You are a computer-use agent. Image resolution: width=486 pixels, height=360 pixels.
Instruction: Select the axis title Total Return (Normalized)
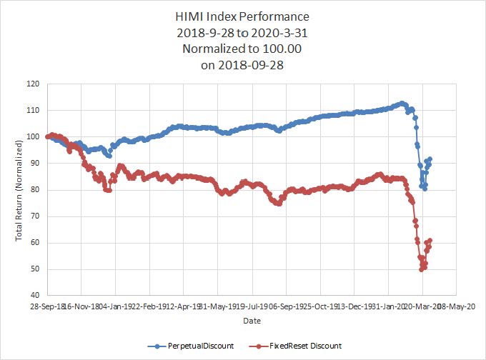[19, 189]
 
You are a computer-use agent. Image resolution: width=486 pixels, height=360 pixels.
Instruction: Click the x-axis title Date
[252, 321]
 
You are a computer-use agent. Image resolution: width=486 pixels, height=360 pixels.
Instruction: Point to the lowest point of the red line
[422, 269]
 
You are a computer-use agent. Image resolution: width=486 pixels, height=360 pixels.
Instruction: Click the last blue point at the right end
[430, 159]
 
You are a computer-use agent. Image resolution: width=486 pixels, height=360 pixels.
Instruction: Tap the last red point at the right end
[430, 241]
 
